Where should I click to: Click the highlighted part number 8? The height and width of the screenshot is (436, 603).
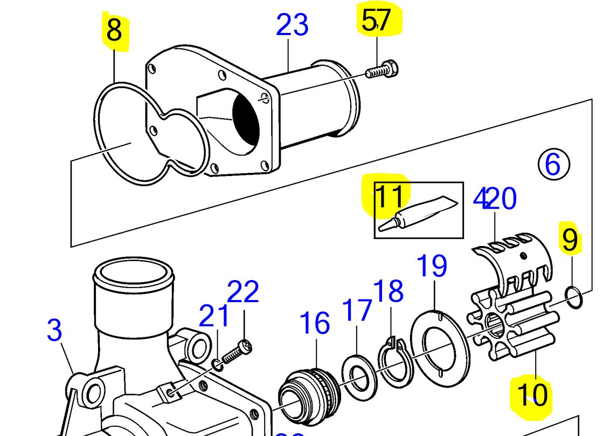tap(114, 31)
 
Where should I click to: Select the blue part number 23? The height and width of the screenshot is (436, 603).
tap(292, 25)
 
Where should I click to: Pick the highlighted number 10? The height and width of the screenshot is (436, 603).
tap(532, 394)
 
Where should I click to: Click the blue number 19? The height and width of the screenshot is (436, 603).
tap(432, 266)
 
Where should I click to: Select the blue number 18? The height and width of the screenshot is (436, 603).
tap(388, 291)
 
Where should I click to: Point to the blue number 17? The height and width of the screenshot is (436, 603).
tap(357, 310)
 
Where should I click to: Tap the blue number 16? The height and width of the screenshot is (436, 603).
tap(315, 323)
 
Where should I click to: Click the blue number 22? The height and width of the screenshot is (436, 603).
tap(243, 292)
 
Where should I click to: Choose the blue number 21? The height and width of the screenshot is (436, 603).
tap(214, 317)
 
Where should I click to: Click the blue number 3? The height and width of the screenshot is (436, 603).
tap(54, 330)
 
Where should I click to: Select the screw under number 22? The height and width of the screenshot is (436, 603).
tap(235, 354)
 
